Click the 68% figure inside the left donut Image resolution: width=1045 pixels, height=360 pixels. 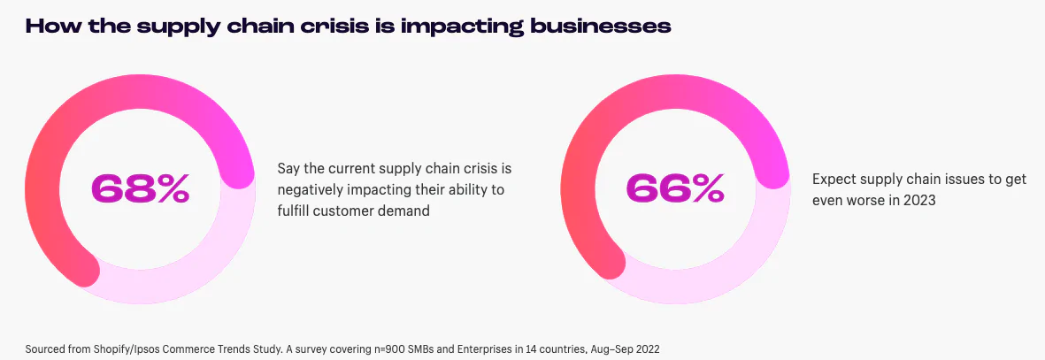point(140,188)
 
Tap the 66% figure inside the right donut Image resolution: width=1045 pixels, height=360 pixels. point(675,188)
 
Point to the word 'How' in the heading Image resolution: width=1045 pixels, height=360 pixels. point(47,27)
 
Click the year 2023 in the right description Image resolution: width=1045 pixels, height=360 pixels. point(920,200)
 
